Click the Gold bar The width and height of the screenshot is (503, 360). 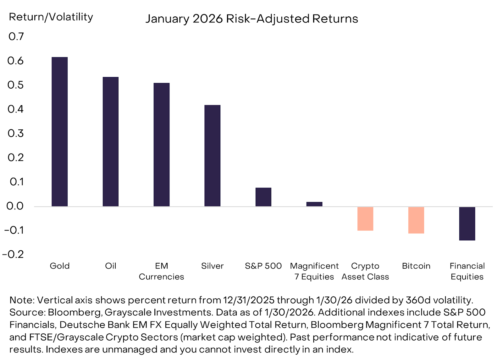pyautogui.click(x=59, y=132)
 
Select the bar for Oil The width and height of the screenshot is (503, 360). pyautogui.click(x=110, y=142)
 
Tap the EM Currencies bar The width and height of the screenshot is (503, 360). pyautogui.click(x=162, y=145)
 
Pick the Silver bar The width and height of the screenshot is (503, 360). pyautogui.click(x=213, y=155)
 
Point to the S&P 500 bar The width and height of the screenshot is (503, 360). pyautogui.click(x=263, y=197)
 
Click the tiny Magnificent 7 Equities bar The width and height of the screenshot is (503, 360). pyautogui.click(x=314, y=204)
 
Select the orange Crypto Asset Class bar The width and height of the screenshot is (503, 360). pyautogui.click(x=365, y=219)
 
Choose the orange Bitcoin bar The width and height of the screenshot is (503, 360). pyautogui.click(x=416, y=220)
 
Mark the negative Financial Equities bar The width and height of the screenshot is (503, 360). pyautogui.click(x=467, y=224)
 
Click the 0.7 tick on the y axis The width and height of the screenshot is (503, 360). pyautogui.click(x=16, y=36)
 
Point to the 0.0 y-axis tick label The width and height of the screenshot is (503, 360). pyautogui.click(x=15, y=206)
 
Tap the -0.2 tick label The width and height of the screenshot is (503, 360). pyautogui.click(x=13, y=254)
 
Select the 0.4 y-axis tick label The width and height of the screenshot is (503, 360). pyautogui.click(x=15, y=109)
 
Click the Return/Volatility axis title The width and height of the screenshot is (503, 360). pyautogui.click(x=51, y=17)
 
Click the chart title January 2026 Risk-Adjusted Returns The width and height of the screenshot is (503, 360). pyautogui.click(x=252, y=19)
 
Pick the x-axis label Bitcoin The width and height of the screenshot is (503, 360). pyautogui.click(x=416, y=266)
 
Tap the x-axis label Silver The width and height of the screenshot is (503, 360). pyautogui.click(x=213, y=266)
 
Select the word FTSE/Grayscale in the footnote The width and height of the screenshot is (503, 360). pyautogui.click(x=66, y=337)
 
